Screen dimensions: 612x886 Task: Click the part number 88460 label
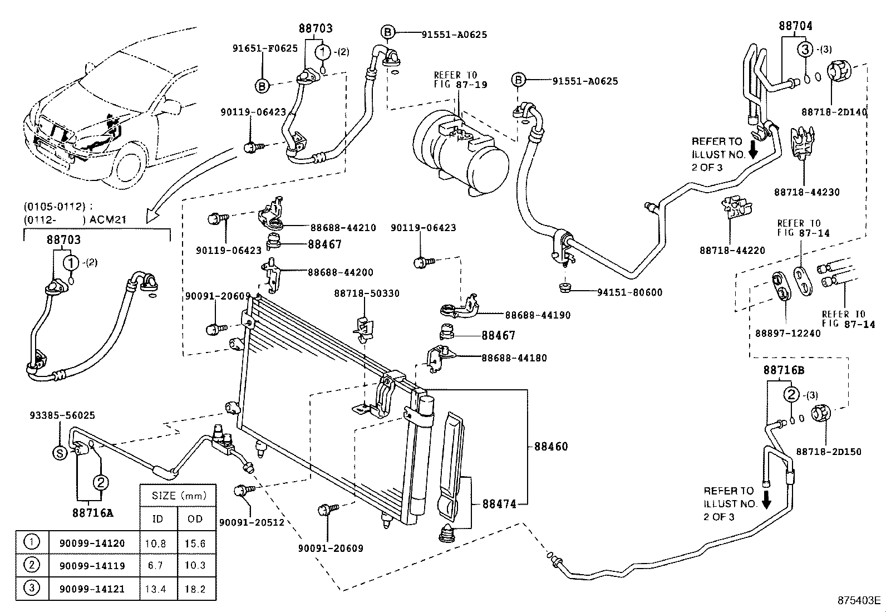(x=551, y=446)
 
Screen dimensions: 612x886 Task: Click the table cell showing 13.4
(x=155, y=589)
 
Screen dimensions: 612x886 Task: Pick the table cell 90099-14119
(x=92, y=566)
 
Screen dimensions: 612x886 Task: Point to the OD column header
(x=195, y=518)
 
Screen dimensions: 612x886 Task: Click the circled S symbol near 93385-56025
(x=60, y=453)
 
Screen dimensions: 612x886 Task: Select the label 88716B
(x=784, y=370)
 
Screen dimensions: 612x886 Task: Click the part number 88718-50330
(x=367, y=293)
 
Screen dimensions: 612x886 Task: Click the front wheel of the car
(x=129, y=165)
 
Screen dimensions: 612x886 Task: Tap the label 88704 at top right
(x=795, y=26)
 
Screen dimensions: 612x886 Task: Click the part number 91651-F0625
(x=265, y=48)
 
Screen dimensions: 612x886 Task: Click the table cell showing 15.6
(x=195, y=543)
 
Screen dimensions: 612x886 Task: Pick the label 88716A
(x=92, y=513)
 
